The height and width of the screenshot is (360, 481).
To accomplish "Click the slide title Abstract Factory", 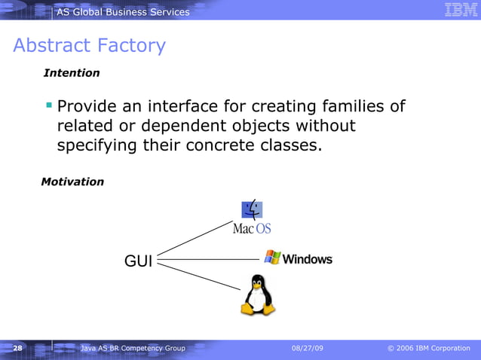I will click(x=89, y=46).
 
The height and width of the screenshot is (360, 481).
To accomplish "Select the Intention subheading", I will click(x=72, y=73).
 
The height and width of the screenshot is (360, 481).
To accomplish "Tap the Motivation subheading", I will click(x=72, y=182).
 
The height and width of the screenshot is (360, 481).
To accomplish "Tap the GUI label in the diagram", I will click(x=138, y=261).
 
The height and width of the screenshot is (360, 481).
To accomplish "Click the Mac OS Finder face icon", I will click(x=252, y=209).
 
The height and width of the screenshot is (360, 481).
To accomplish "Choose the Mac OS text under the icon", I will click(x=251, y=228).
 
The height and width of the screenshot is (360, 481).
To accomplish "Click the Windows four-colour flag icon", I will click(x=272, y=258).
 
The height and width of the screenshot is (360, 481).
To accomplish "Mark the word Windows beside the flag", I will click(x=308, y=259).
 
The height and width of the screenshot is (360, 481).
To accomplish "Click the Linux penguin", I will click(x=257, y=294).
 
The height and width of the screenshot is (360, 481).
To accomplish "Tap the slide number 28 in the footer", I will click(x=17, y=349).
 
